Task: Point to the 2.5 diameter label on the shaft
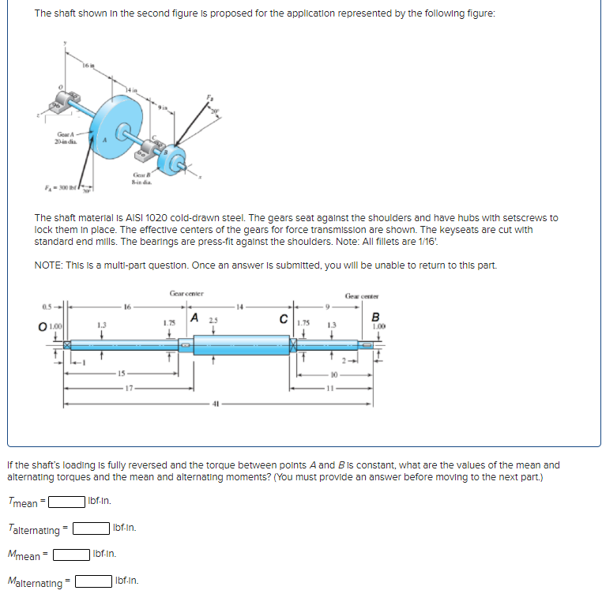point(211,319)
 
